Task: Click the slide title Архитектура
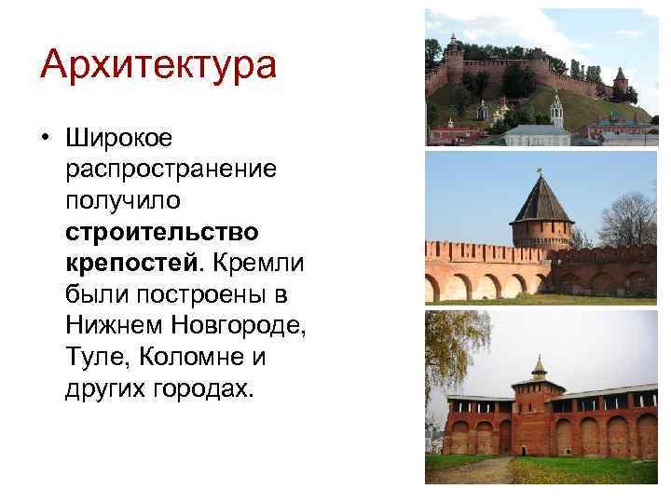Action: click(158, 65)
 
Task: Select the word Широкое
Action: click(119, 139)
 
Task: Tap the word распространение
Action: click(171, 170)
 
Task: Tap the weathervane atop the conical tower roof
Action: click(539, 171)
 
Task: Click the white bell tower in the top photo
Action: click(556, 112)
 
